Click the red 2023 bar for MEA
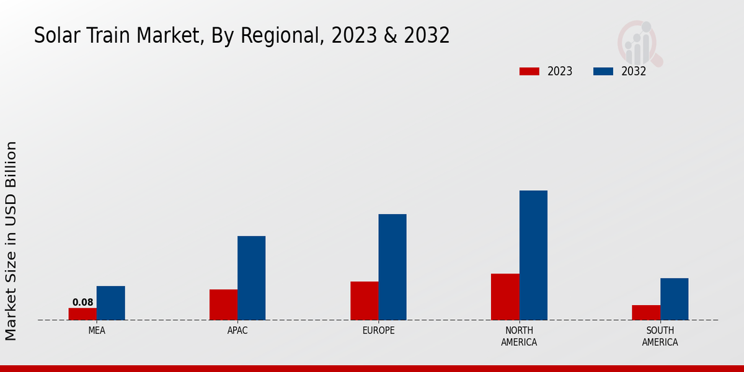82,314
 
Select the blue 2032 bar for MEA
110,303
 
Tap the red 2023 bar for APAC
223,304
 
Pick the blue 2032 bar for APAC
251,278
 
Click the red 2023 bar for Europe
364,301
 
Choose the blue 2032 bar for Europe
392,267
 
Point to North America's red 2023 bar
505,297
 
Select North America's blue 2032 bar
533,255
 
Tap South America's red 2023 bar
646,312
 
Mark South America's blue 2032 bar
674,299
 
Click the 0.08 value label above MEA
82,303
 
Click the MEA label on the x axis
97,330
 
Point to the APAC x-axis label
237,330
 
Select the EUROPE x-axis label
378,330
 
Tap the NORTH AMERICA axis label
519,336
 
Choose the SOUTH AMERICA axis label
660,336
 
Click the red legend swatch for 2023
529,71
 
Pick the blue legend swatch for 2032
603,71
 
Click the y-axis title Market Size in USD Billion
11,241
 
